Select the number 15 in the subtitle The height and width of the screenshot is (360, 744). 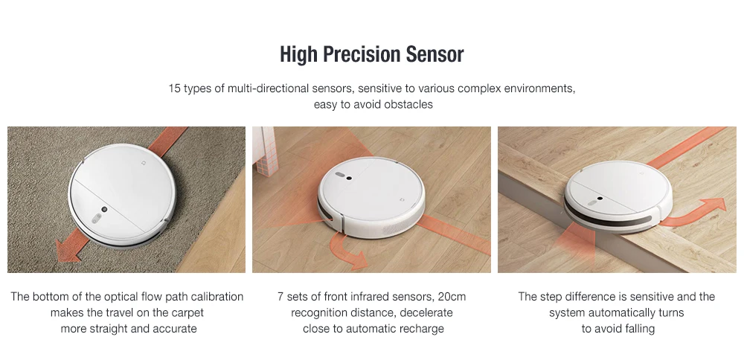tap(175, 89)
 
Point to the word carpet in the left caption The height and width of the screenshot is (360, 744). tap(186, 312)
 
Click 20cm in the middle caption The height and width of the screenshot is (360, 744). tap(452, 297)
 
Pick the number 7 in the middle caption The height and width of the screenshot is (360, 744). tap(280, 297)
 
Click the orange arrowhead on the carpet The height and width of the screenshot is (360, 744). tap(68, 251)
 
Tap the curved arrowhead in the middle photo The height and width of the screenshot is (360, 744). tap(359, 260)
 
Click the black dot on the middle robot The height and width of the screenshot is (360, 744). tap(349, 179)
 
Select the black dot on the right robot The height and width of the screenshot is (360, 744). tap(600, 199)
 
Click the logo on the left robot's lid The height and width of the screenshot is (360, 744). tap(144, 162)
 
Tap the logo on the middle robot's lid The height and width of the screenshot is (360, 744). tap(403, 199)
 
